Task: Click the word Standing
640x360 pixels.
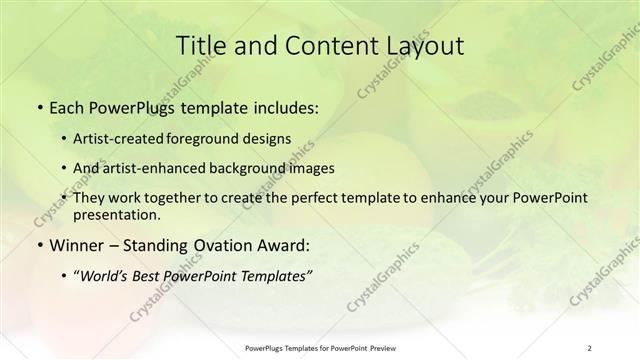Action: coord(159,243)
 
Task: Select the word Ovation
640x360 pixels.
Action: coord(225,243)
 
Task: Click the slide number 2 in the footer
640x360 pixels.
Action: coord(591,349)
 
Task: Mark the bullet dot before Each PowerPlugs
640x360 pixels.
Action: coord(38,106)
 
